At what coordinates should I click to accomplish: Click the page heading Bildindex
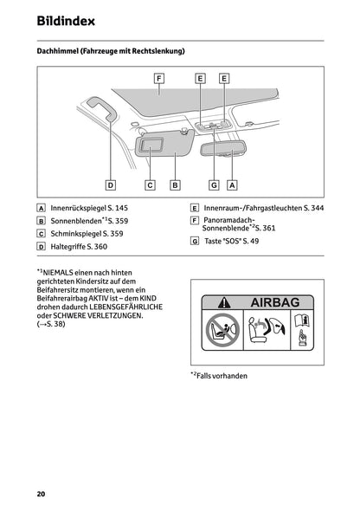66,19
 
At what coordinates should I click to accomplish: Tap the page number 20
41,494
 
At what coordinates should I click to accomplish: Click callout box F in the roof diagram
159,79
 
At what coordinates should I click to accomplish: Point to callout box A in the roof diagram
232,184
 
